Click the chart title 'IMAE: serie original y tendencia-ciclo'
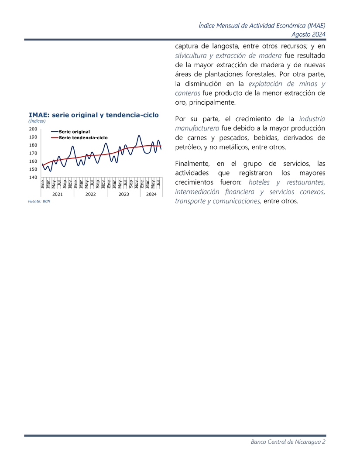point(93,115)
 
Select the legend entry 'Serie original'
point(74,131)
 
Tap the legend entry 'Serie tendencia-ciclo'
point(83,137)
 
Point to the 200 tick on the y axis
point(34,129)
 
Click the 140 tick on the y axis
point(34,177)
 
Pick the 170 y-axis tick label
point(34,153)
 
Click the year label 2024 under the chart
point(151,194)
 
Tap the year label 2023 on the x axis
point(123,194)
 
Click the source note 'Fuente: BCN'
point(39,202)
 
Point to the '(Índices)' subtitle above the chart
point(37,121)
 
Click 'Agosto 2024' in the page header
point(309,34)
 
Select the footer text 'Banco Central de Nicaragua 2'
point(288,442)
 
